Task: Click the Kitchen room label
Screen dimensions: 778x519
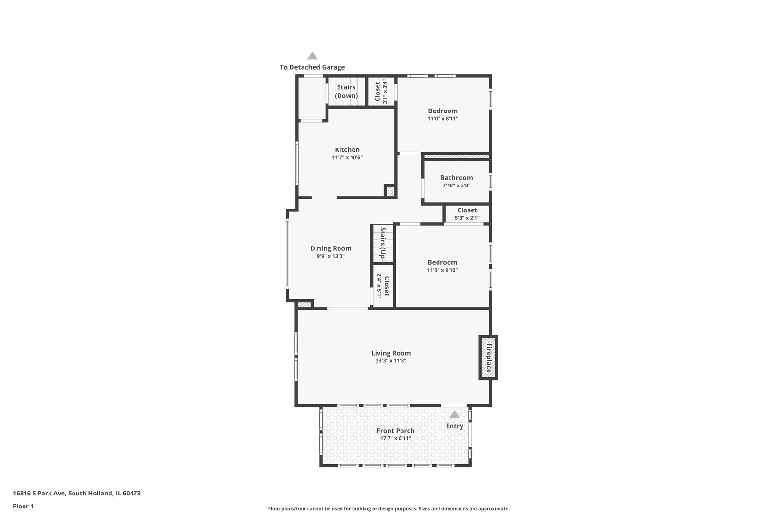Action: point(347,150)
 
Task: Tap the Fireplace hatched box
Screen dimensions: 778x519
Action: point(488,358)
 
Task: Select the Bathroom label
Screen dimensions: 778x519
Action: point(456,178)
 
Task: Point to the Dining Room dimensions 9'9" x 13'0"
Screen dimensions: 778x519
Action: point(330,256)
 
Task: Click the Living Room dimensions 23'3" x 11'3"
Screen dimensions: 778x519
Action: point(391,361)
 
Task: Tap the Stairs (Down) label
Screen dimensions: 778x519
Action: point(346,91)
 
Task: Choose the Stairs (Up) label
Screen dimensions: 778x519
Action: point(383,244)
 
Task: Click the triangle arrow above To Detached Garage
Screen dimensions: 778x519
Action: point(312,56)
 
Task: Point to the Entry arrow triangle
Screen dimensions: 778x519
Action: point(454,414)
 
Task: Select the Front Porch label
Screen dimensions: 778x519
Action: point(395,431)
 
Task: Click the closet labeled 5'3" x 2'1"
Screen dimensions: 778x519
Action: point(467,214)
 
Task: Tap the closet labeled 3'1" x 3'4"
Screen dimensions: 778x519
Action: point(381,91)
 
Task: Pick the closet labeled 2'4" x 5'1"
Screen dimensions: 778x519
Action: point(383,286)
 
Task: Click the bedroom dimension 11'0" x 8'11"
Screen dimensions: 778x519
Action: point(442,119)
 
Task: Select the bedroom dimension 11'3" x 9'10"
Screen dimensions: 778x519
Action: point(442,270)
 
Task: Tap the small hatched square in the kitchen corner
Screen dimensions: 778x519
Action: point(390,192)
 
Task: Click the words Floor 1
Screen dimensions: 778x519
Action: point(23,506)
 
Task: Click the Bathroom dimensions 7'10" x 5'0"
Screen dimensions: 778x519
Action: point(456,185)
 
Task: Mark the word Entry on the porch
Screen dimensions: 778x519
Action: point(454,426)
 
